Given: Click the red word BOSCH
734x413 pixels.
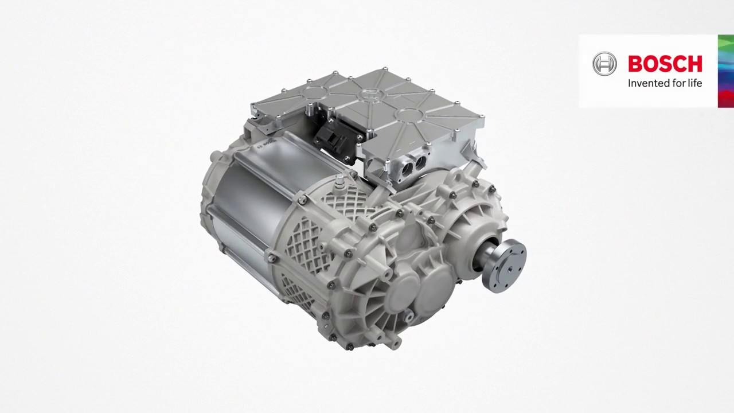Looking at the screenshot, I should point(665,64).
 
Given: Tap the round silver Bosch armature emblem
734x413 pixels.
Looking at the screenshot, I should point(604,64).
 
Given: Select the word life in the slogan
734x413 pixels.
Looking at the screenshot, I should point(694,83).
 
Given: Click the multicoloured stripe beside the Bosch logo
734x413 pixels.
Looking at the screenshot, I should point(725,71).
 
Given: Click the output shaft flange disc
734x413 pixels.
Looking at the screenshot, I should point(505,266).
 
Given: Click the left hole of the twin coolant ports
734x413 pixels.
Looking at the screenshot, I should point(407,166).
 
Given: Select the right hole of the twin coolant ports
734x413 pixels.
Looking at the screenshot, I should point(420,162).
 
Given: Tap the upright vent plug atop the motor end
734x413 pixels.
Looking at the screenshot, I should point(340,182).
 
